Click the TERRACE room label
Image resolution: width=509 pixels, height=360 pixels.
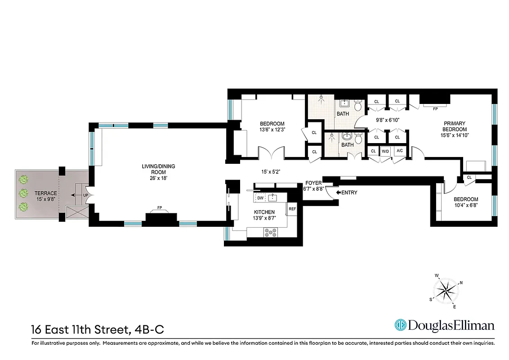(x=46, y=193)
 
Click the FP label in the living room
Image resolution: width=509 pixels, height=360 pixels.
(x=159, y=208)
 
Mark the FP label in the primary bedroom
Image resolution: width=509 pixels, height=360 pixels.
(x=435, y=108)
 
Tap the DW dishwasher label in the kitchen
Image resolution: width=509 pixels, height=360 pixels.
(x=260, y=198)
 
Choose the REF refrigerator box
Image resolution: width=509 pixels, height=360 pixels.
(x=292, y=209)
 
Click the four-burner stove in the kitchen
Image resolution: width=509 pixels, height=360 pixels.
(x=270, y=232)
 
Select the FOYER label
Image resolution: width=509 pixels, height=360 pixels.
(x=313, y=183)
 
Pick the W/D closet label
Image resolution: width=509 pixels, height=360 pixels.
(x=385, y=151)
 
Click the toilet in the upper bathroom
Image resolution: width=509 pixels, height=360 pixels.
(x=358, y=106)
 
